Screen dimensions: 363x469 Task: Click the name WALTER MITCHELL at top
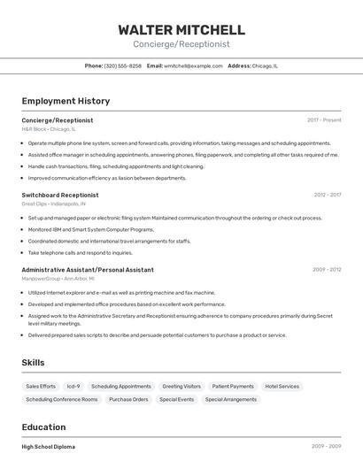[181, 29]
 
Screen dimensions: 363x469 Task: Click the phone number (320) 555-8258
[122, 65]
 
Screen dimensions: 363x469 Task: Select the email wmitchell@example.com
[192, 65]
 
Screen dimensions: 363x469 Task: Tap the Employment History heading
[66, 101]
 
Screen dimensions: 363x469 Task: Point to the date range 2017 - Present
[324, 119]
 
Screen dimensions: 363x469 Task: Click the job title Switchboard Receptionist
[60, 195]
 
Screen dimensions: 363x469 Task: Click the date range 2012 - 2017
[327, 195]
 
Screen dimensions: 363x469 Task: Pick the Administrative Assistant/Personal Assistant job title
[88, 270]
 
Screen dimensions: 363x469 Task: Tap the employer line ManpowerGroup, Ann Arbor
[58, 279]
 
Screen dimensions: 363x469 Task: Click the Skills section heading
[33, 363]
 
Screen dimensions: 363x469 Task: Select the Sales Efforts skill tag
[41, 387]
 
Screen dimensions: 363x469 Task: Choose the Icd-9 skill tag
[73, 387]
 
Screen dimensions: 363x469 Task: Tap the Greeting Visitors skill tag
[181, 387]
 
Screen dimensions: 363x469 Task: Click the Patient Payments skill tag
[233, 387]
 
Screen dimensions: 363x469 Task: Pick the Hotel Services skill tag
[282, 387]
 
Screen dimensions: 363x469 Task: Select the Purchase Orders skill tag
[128, 399]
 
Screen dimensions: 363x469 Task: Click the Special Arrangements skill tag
[230, 399]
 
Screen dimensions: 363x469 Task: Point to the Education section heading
[43, 427]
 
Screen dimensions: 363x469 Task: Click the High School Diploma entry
[49, 447]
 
